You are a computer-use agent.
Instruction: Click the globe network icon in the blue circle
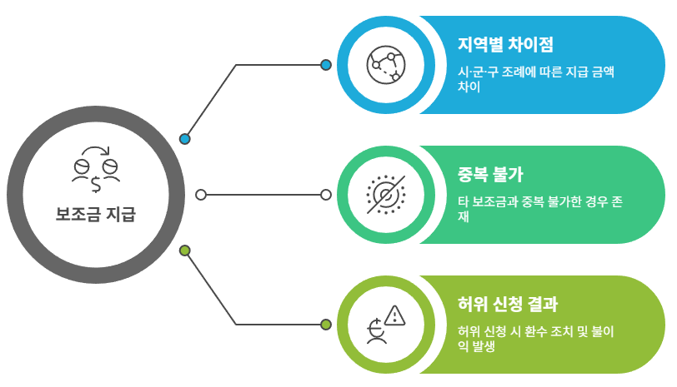tap(386, 65)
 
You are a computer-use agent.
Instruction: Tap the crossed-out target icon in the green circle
tap(386, 195)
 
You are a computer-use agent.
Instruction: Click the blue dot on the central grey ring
tap(185, 139)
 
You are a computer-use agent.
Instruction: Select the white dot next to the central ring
tap(200, 195)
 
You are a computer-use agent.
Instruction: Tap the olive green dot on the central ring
tap(185, 251)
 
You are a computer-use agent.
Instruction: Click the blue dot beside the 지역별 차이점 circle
tap(326, 65)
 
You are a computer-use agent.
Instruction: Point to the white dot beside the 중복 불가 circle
tap(326, 195)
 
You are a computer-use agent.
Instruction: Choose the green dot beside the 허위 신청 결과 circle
tap(326, 324)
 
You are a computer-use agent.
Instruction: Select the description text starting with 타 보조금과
tap(541, 209)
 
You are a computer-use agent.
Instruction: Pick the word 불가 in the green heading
tap(509, 175)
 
